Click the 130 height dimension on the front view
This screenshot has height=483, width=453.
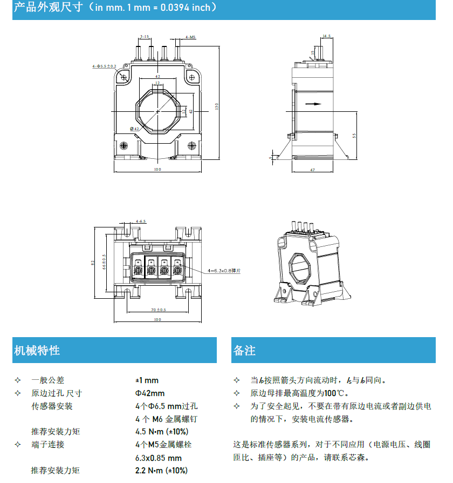pos(217,106)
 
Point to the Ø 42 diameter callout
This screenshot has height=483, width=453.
pos(135,129)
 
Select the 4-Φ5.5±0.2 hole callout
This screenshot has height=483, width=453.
pos(104,66)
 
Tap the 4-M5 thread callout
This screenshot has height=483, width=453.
pos(190,38)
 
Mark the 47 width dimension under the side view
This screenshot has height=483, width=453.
pos(312,170)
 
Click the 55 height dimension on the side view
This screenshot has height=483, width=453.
pos(354,135)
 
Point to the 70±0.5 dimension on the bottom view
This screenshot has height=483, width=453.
pos(158,310)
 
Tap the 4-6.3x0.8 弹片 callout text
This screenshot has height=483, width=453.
pos(224,270)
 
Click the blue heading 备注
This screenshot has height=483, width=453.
pos(244,350)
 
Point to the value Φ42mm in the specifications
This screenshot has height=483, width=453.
pos(149,393)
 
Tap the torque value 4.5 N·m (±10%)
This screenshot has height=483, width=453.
pos(161,432)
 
